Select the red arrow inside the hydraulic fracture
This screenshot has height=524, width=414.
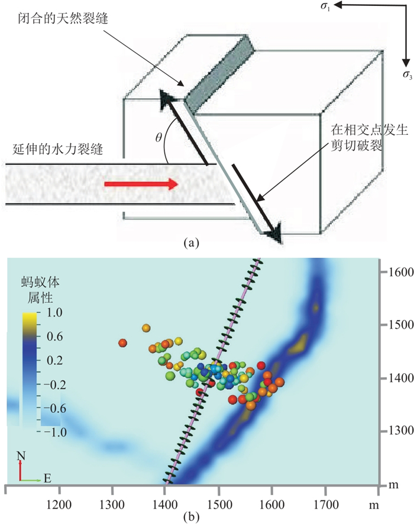(141, 185)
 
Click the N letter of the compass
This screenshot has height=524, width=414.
(20, 456)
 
